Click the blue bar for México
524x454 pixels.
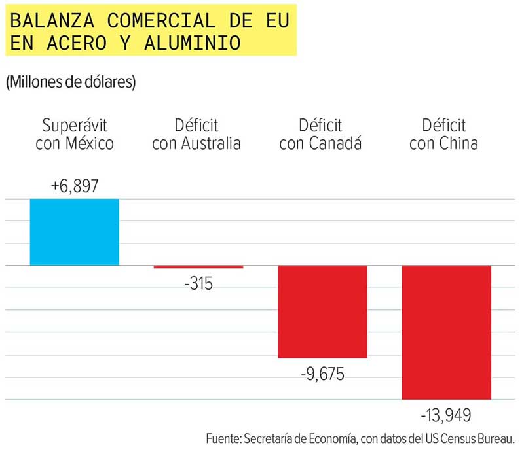tap(75, 232)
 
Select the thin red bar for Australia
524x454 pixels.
tap(198, 267)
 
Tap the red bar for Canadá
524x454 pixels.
tap(322, 311)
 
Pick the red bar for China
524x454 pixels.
tap(446, 332)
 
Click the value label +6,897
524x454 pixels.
tap(75, 186)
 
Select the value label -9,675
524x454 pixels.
tap(322, 374)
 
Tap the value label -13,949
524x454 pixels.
tap(445, 415)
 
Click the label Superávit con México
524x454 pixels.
tap(75, 134)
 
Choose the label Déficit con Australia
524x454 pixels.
tap(196, 134)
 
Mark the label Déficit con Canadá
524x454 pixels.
tap(320, 134)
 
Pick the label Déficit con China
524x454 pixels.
tap(443, 134)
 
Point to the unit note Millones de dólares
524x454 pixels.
tap(70, 83)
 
